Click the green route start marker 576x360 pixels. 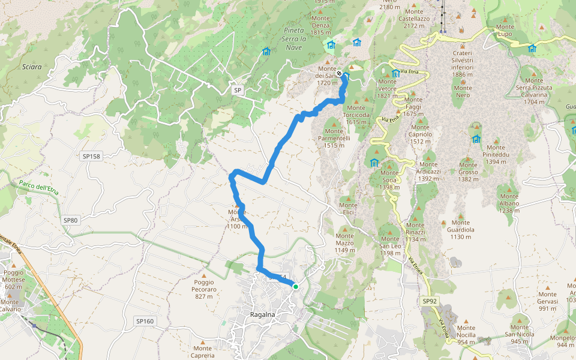pos(295,286)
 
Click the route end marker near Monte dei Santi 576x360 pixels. pos(340,74)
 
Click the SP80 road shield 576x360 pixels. pos(71,220)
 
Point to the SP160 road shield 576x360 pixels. pos(145,321)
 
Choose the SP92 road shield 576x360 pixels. pos(430,301)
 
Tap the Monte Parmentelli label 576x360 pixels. pos(334,142)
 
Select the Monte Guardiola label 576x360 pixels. pos(461,233)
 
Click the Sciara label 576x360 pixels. pos(31,67)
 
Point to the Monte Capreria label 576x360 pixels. pos(202,352)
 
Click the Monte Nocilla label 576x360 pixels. pos(466,335)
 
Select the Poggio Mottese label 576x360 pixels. pos(14,283)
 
